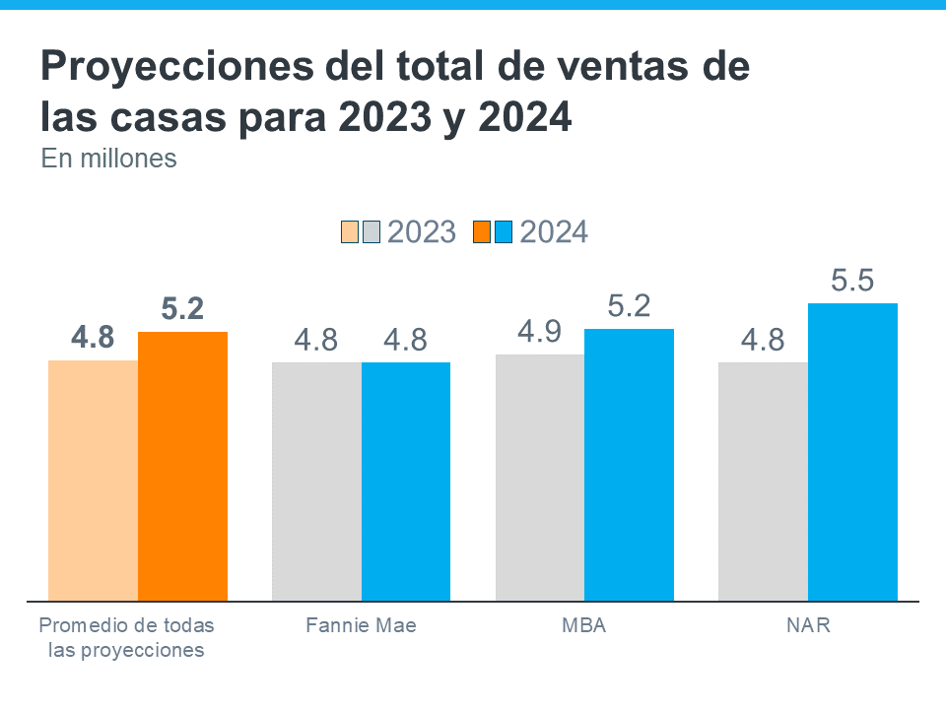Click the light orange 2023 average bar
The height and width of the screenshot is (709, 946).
(x=93, y=480)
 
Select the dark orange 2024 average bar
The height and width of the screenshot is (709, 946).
(x=182, y=466)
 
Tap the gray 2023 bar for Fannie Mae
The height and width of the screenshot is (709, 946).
(x=316, y=481)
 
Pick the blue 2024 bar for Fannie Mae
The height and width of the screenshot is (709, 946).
(x=406, y=481)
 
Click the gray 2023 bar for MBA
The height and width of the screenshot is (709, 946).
(x=540, y=477)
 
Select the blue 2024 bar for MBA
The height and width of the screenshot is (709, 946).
(x=629, y=464)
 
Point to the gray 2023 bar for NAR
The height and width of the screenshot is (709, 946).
(x=763, y=481)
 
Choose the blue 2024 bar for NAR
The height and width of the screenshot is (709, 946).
(x=852, y=451)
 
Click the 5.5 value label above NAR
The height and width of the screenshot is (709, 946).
(x=852, y=282)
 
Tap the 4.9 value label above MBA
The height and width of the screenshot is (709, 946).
(x=540, y=333)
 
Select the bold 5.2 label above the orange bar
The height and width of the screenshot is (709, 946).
(x=182, y=309)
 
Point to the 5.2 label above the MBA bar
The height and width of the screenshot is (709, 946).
(x=629, y=307)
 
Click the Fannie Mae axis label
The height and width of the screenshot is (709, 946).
(x=361, y=625)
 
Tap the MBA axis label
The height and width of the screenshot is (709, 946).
(x=584, y=625)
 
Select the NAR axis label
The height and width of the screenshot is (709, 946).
(x=808, y=625)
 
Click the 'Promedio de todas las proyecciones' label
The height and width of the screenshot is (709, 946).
(x=126, y=637)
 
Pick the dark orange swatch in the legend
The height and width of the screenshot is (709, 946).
(x=481, y=232)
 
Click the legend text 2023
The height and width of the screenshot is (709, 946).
(x=422, y=232)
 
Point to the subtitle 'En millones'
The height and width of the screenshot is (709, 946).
(x=108, y=158)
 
